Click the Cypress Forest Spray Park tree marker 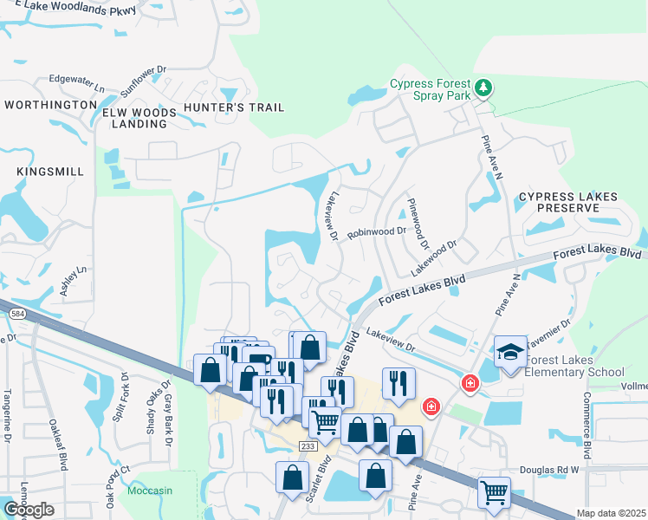(483, 88)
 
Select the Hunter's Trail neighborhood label (234, 108)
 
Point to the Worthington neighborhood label (50, 105)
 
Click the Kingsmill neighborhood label (50, 172)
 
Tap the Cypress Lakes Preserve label (568, 203)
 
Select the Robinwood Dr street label (377, 232)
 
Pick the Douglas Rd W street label (548, 470)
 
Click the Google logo (29, 509)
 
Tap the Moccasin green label (151, 491)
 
